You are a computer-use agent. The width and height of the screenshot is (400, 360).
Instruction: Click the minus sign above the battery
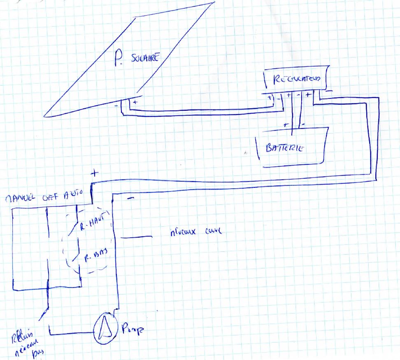(302, 123)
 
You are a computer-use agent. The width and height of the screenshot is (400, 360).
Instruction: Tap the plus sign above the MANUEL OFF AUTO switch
(94, 173)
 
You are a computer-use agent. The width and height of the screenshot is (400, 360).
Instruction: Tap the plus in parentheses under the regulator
(271, 99)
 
